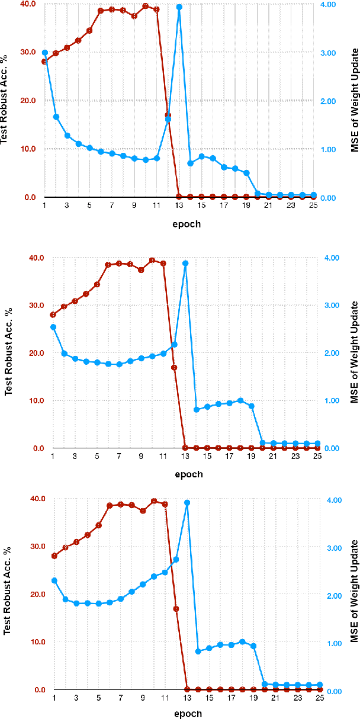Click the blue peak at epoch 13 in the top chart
coord(179,7)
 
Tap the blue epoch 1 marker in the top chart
coord(44,53)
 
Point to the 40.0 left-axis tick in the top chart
coord(27,4)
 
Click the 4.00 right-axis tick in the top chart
coord(330,4)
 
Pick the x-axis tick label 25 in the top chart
coord(313,205)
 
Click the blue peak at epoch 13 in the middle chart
coord(185,263)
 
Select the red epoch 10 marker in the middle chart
coord(152,260)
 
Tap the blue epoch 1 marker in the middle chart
coord(53,327)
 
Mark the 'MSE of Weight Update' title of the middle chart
coord(354,352)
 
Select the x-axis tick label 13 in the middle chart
coord(185,456)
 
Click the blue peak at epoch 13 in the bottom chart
coord(187,502)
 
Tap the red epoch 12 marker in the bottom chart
coord(176,608)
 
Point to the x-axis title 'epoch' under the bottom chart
coord(189,713)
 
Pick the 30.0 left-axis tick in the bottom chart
coord(37,546)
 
